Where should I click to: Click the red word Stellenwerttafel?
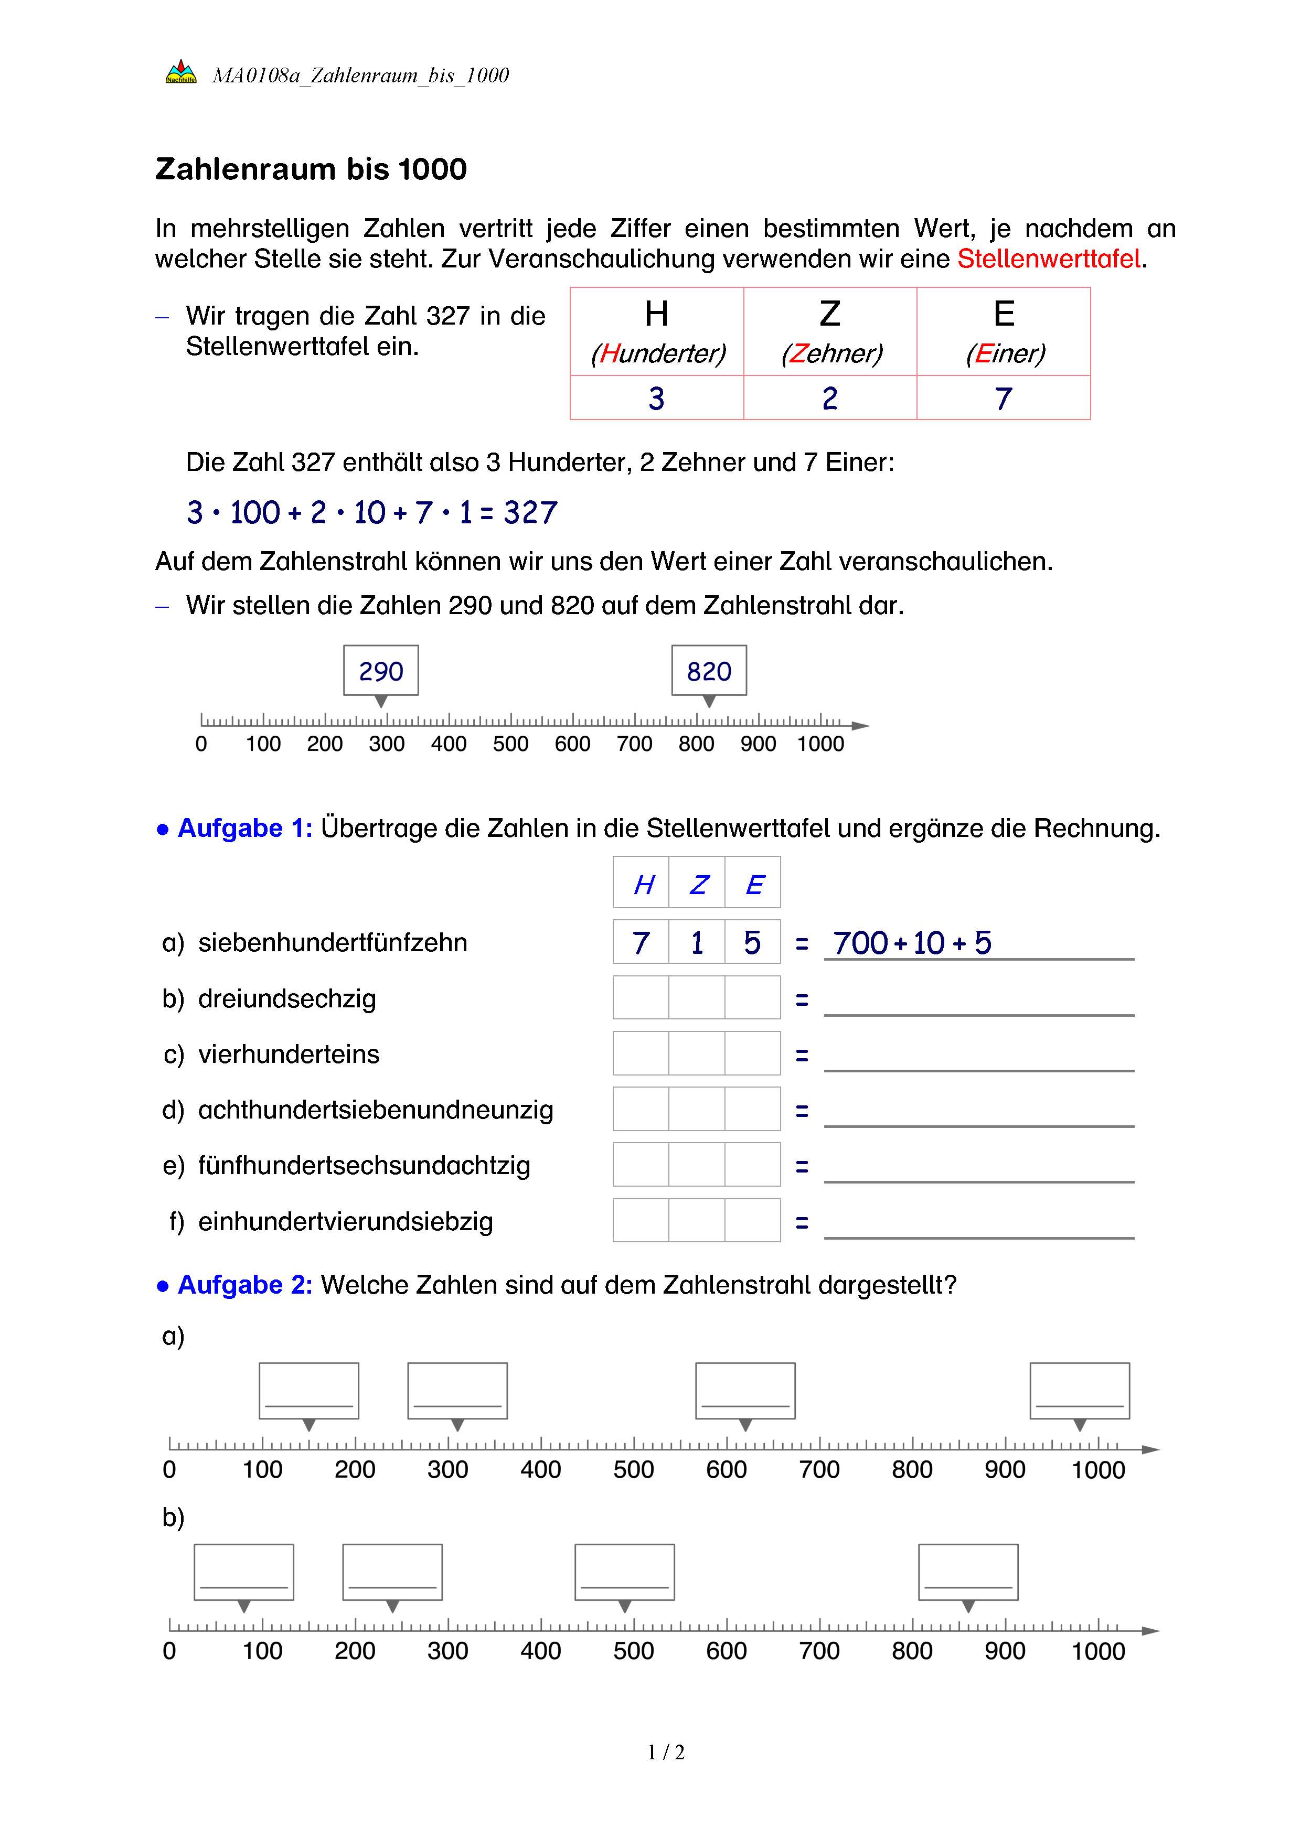pos(1049,259)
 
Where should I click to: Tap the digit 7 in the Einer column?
pos(1003,398)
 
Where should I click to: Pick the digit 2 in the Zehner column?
pos(830,398)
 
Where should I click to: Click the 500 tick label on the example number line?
pos(510,744)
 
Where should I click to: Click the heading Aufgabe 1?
pos(244,827)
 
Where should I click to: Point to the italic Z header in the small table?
pos(698,884)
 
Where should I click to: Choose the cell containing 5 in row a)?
pos(752,943)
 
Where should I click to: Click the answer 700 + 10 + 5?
pos(912,943)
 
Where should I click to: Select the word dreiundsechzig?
pos(287,999)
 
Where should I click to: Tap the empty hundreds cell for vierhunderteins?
pos(641,1053)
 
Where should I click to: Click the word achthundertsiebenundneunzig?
pos(375,1110)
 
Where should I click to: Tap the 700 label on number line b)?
pos(819,1651)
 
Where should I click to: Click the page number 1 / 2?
pos(666,1752)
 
